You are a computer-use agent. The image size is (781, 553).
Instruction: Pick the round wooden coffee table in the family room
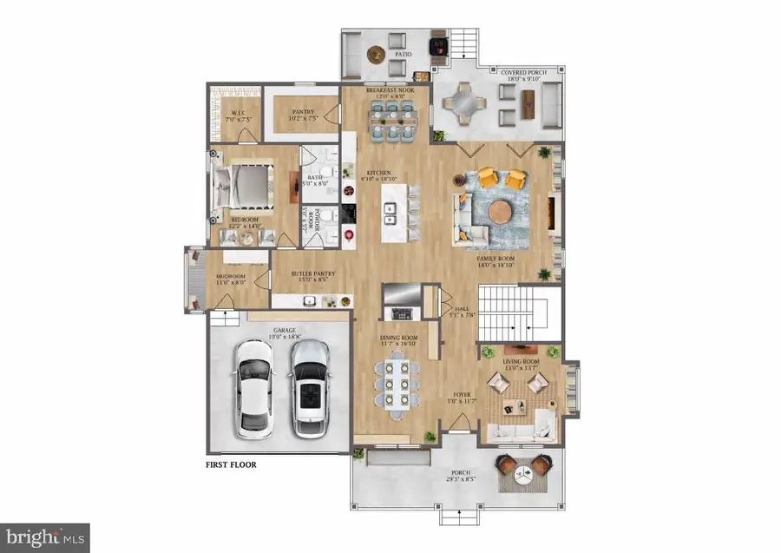tap(501, 212)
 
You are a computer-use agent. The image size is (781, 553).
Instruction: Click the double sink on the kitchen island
tap(392, 208)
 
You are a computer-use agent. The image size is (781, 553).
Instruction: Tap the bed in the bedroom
tap(245, 185)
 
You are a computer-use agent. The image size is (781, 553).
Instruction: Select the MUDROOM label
tap(230, 279)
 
